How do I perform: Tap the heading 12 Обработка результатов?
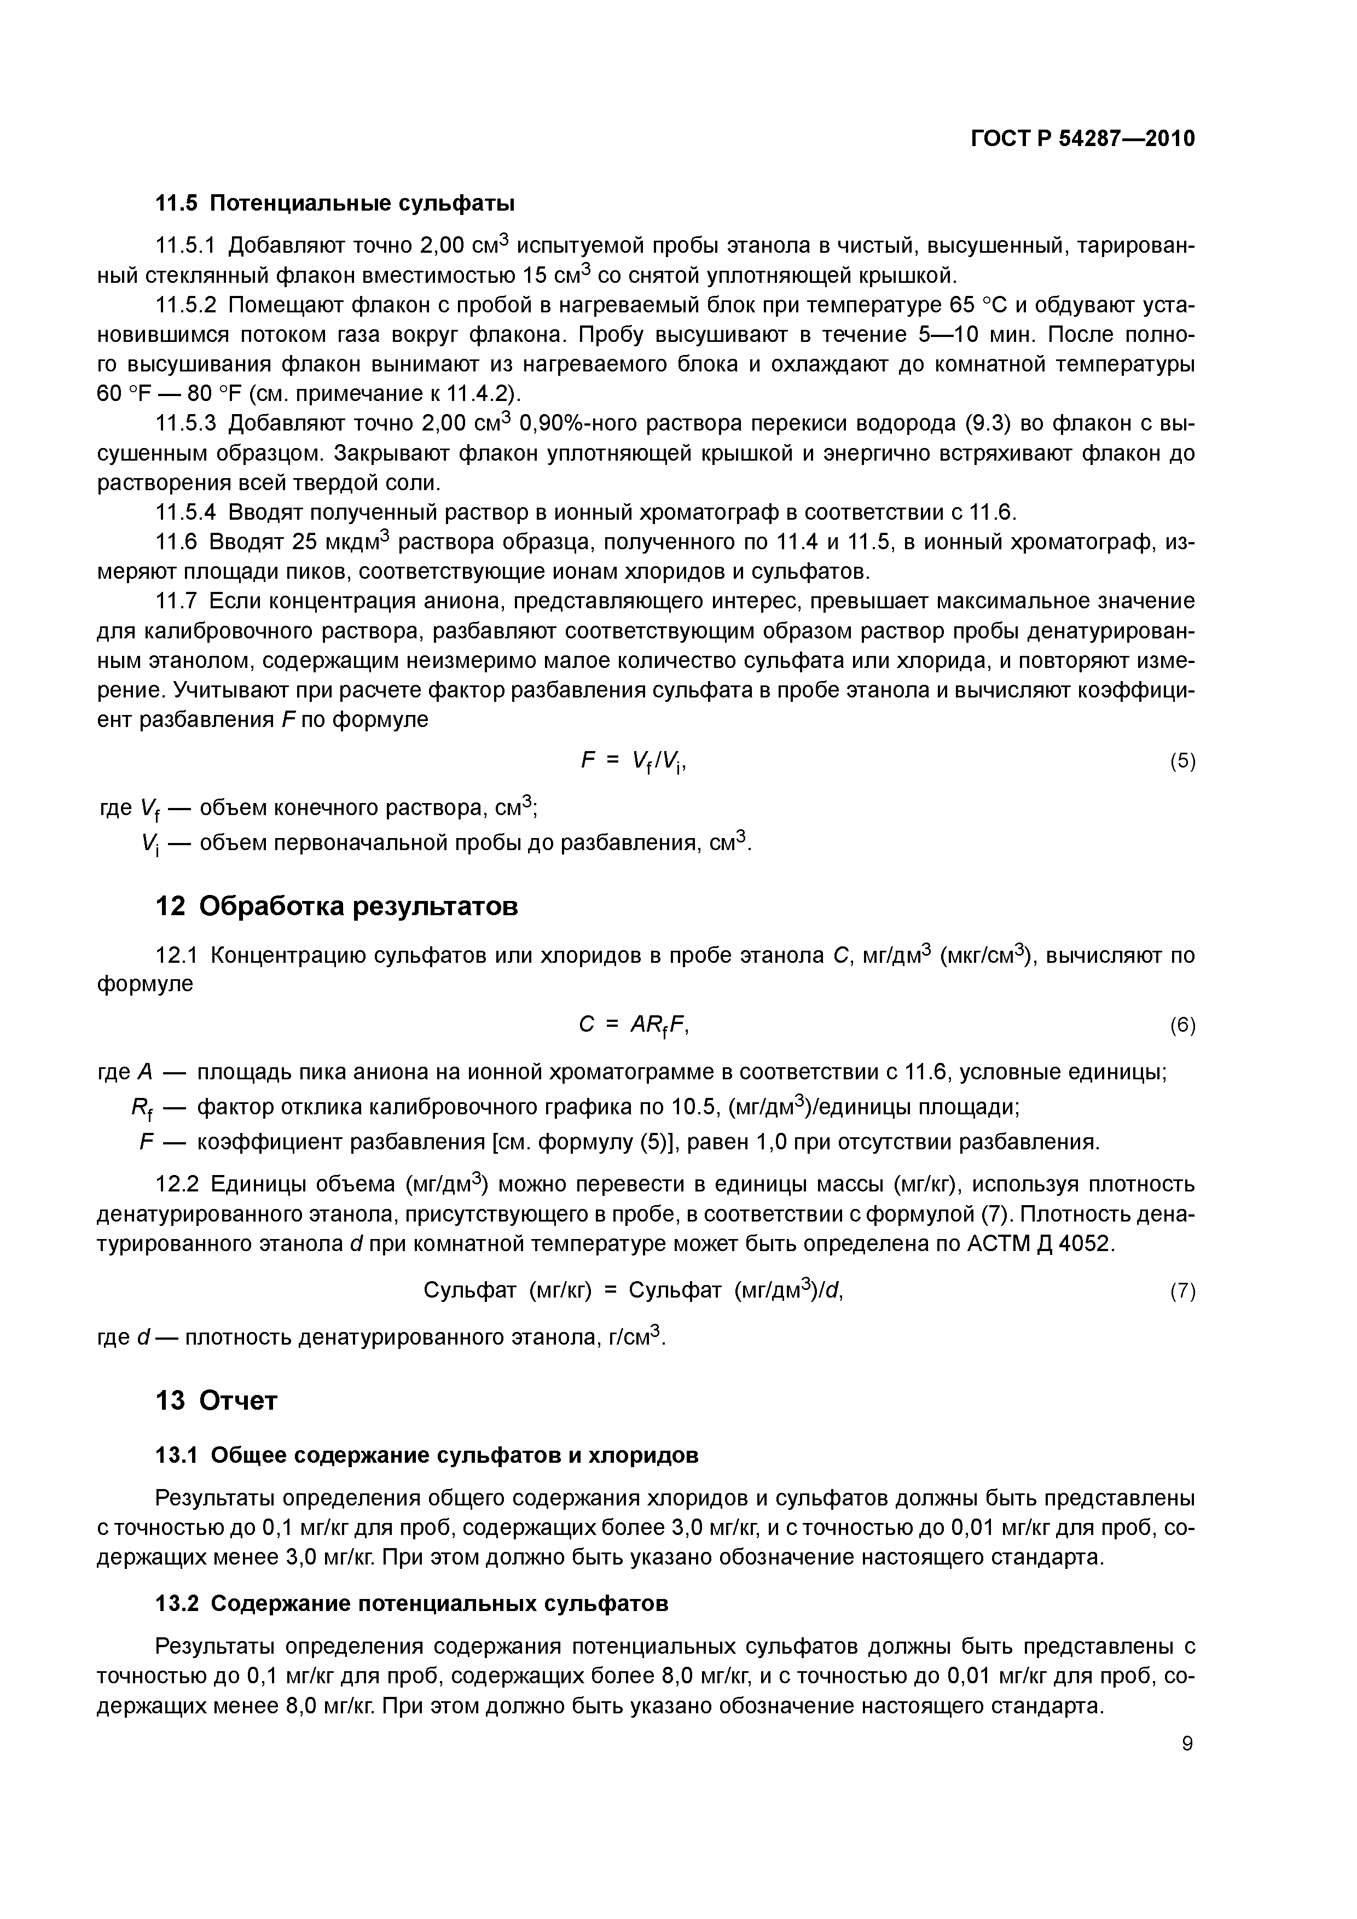click(x=337, y=906)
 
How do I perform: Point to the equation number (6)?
click(x=1182, y=1026)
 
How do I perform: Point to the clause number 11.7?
click(x=177, y=601)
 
